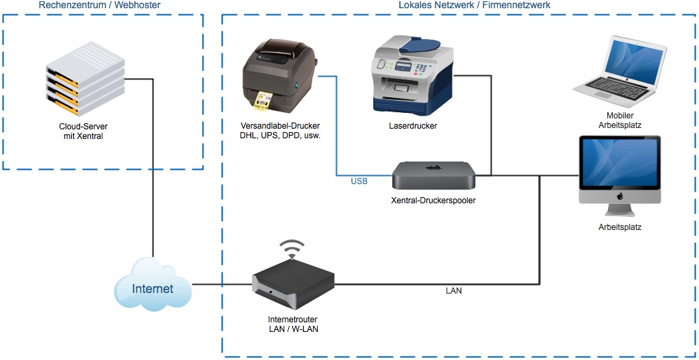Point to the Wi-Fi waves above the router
click(292, 248)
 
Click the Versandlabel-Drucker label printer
click(281, 75)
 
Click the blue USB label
click(359, 181)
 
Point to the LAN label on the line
click(454, 291)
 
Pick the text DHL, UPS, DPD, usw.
click(281, 136)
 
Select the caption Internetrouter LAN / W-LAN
click(293, 324)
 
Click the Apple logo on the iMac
click(620, 196)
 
